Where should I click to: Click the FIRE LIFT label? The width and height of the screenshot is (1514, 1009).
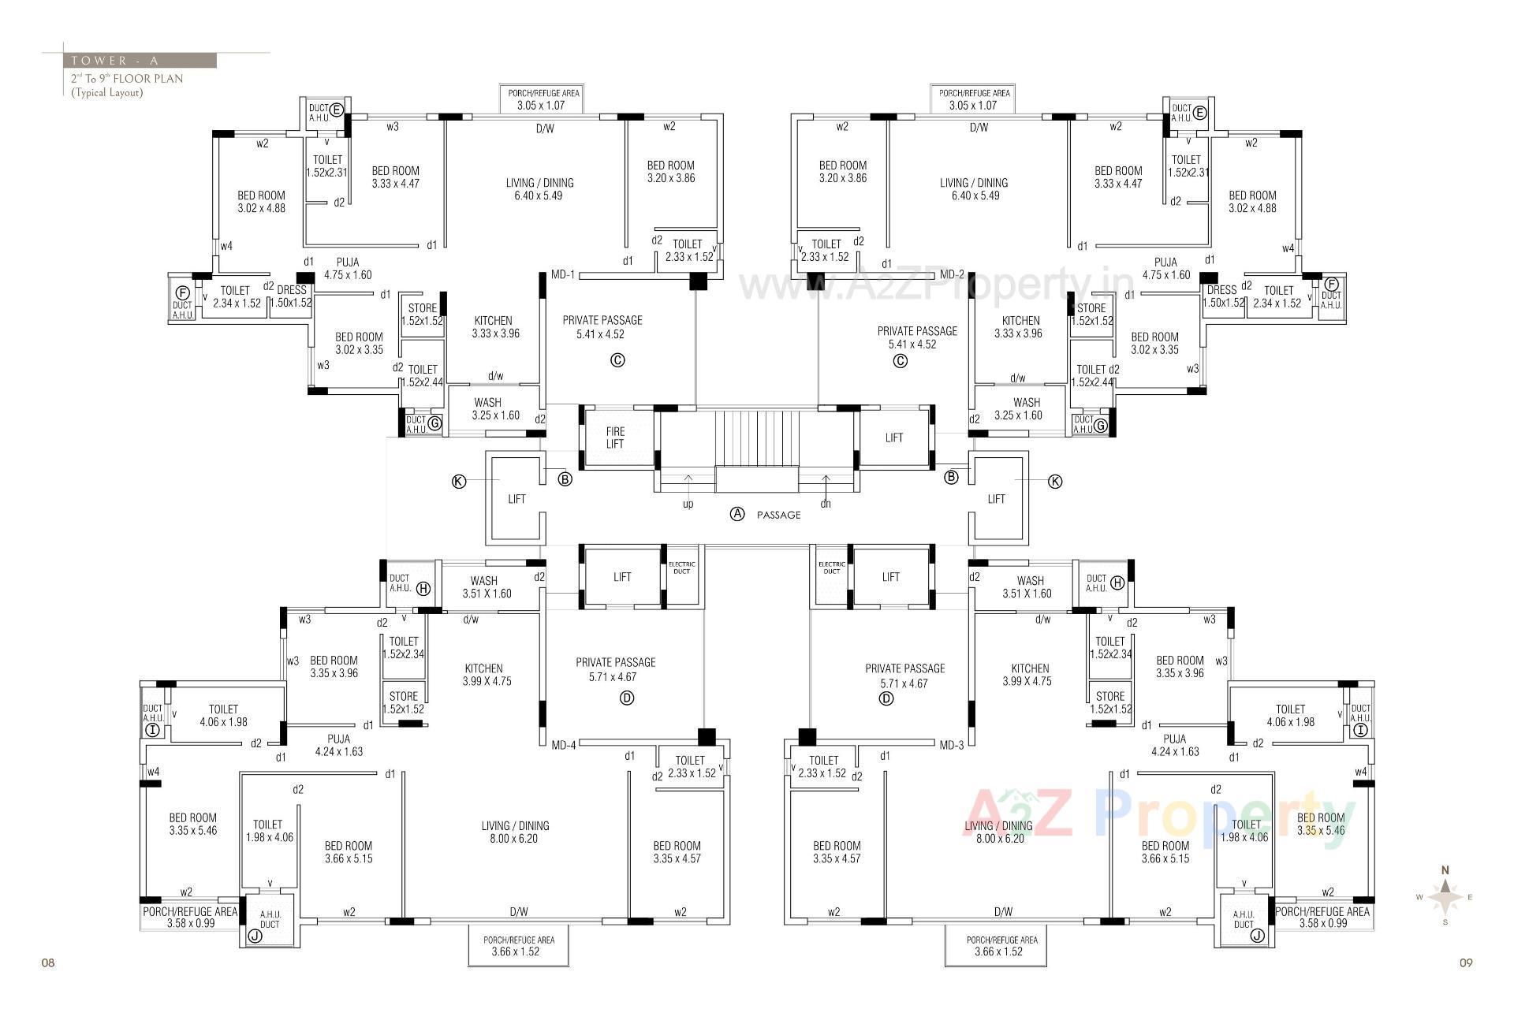[x=615, y=437]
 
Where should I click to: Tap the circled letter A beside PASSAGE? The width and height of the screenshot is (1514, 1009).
[x=737, y=514]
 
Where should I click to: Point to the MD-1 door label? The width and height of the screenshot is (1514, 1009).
[x=563, y=275]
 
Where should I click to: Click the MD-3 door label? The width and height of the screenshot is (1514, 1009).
[x=952, y=745]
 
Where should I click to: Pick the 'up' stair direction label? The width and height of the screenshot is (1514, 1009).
[x=688, y=504]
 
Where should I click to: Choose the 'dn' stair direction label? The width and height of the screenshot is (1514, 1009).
[x=825, y=504]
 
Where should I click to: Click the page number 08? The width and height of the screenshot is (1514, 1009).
[x=48, y=962]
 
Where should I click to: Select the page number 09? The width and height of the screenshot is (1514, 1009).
[x=1466, y=962]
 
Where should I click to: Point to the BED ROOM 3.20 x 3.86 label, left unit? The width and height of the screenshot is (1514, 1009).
[x=670, y=172]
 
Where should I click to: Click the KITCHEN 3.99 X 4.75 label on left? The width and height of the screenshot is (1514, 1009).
[x=483, y=675]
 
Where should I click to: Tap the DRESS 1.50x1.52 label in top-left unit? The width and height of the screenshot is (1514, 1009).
[x=292, y=296]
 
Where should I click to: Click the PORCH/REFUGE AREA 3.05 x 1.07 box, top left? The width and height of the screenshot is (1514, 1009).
[x=541, y=99]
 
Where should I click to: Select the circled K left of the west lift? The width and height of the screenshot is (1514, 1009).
[x=459, y=482]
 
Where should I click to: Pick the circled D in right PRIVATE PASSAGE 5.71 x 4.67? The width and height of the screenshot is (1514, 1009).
[x=886, y=698]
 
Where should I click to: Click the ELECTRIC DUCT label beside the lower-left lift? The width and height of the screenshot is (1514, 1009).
[x=681, y=568]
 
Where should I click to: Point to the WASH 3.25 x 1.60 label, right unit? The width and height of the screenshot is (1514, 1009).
[x=1026, y=408]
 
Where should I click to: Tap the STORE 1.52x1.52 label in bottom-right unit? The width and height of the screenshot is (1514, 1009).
[x=1110, y=702]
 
